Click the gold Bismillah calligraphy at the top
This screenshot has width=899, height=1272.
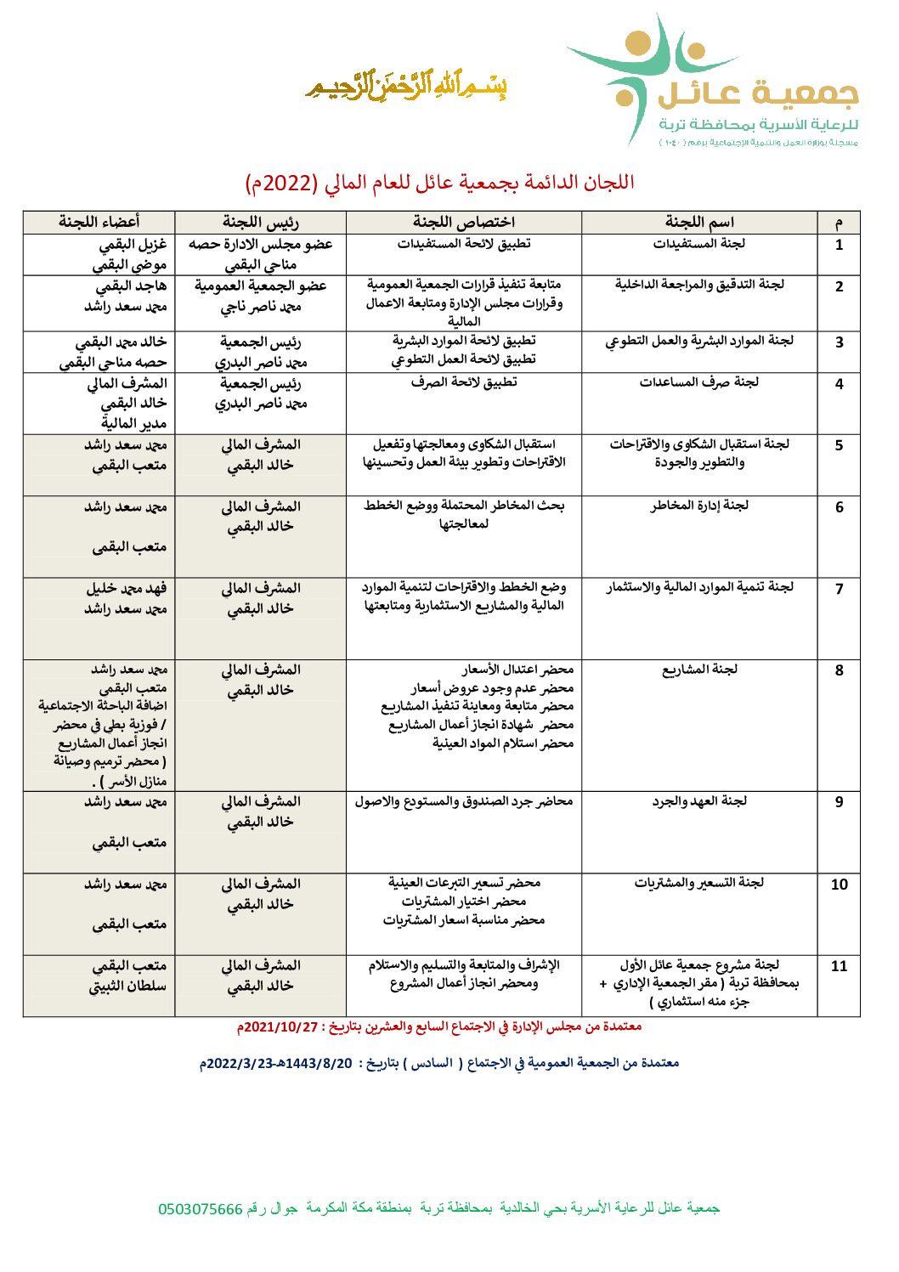click(x=406, y=85)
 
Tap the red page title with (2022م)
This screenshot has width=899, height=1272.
click(x=440, y=183)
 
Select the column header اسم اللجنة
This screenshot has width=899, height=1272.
click(x=699, y=222)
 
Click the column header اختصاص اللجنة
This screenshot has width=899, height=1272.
click(x=464, y=222)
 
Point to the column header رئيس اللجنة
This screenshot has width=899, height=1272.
click(x=261, y=222)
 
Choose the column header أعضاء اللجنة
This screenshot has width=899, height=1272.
click(x=99, y=222)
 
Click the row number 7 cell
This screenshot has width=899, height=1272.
click(x=839, y=589)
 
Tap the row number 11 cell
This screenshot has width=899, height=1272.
click(x=839, y=966)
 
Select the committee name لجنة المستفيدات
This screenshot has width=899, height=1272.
click(x=699, y=244)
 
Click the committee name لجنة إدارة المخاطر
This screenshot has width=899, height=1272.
click(x=699, y=506)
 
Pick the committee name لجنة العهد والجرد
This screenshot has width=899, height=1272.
click(x=699, y=801)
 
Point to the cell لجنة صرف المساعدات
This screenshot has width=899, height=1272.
click(x=699, y=382)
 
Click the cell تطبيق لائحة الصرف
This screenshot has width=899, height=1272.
click(x=464, y=382)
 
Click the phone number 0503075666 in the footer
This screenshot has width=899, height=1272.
click(x=201, y=1209)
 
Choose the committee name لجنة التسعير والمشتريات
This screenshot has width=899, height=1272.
click(x=699, y=883)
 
